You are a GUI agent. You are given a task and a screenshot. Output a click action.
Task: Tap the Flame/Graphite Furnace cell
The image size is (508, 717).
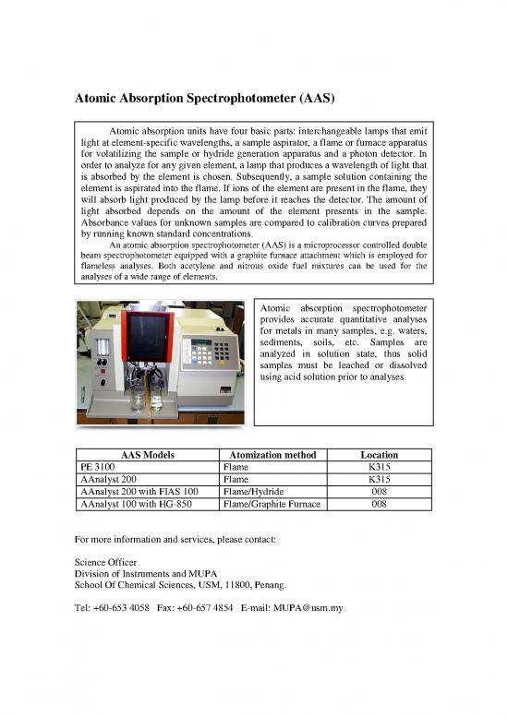click(x=270, y=505)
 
